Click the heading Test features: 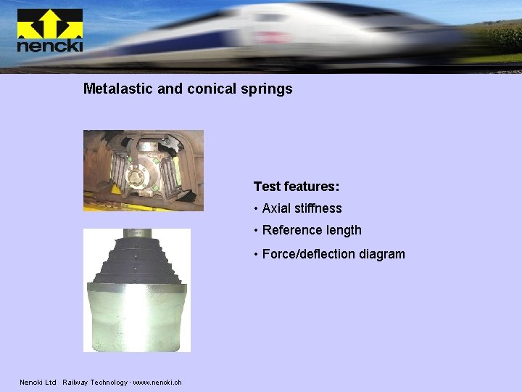click(297, 187)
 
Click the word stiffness click(318, 208)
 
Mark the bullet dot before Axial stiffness click(257, 209)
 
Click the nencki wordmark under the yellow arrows click(49, 46)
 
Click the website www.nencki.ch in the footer click(157, 383)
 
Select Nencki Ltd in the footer click(38, 383)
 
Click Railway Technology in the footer click(94, 383)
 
